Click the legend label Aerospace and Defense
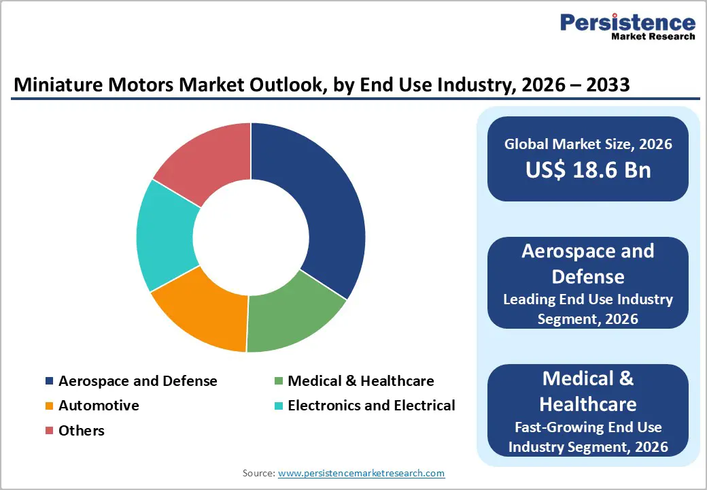coord(137,381)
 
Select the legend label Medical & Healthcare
coord(360,381)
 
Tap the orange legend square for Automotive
coord(49,406)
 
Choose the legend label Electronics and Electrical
coord(371,406)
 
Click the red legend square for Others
coord(49,431)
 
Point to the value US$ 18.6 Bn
coord(588,170)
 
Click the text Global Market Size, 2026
coord(588,144)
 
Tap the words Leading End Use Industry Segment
coord(588,308)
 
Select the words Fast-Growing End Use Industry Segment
coord(588,437)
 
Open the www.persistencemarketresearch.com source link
coord(361,473)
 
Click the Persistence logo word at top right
coord(627,22)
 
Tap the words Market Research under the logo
coord(653,36)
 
